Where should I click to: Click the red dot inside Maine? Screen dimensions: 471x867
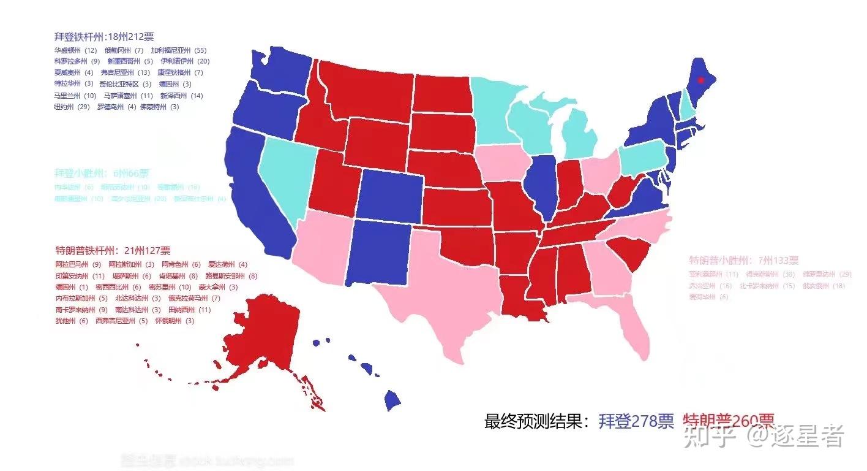click(702, 79)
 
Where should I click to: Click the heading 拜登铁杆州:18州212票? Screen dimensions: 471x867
click(103, 37)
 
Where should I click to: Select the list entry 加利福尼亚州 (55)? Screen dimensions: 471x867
click(179, 50)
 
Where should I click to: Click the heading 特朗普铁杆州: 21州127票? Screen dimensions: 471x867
click(113, 250)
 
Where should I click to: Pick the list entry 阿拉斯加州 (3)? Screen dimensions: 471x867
click(131, 264)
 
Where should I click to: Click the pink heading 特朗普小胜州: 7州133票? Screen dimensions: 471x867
click(744, 260)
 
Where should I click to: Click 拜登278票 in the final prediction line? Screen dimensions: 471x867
click(636, 421)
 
